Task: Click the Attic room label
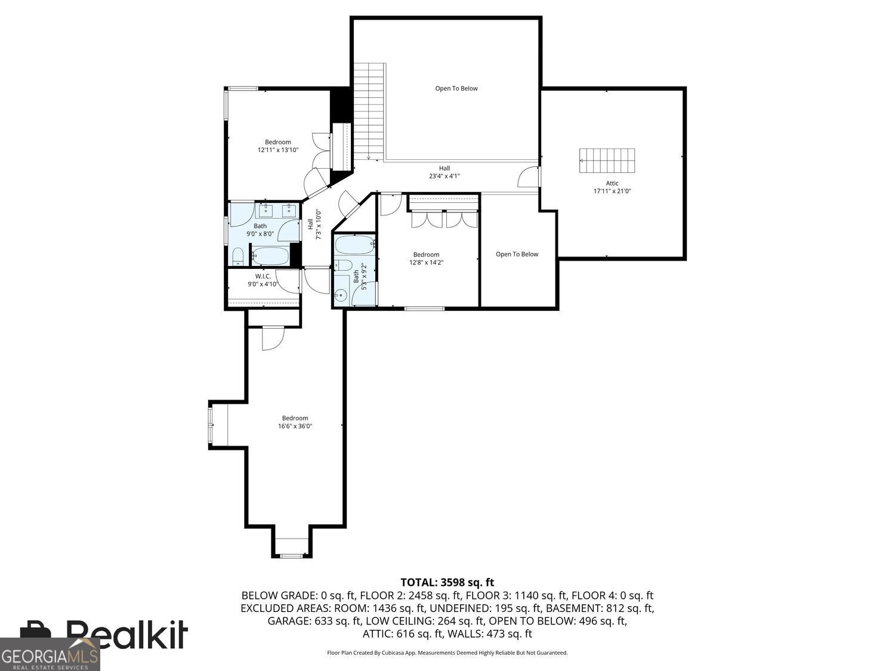coord(612,183)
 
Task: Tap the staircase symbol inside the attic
coord(607,161)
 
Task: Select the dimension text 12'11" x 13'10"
coord(278,150)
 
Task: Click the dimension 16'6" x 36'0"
coord(295,426)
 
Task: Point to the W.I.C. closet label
coord(263,276)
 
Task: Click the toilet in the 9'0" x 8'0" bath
coord(238,257)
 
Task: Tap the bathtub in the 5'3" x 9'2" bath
coord(354,245)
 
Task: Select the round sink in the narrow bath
coord(341,295)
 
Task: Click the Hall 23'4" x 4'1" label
coord(445,172)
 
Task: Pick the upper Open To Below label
coord(456,88)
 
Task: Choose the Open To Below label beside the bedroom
coord(517,254)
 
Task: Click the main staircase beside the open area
coord(369,110)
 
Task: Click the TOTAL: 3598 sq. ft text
coord(447,582)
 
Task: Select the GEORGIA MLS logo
coord(50,654)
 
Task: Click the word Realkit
coord(126,633)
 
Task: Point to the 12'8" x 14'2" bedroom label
coord(426,258)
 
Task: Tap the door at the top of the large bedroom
coord(272,338)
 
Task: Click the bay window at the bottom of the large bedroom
coord(292,548)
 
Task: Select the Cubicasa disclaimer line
coord(447,653)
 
